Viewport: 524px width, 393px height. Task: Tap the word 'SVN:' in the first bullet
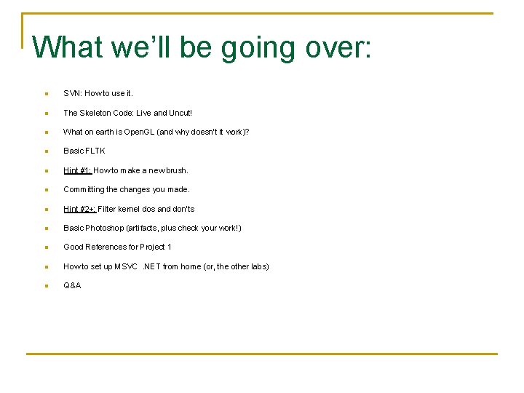(x=73, y=93)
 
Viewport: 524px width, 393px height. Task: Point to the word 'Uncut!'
(x=180, y=113)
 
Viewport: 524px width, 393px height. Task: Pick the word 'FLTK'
(x=95, y=151)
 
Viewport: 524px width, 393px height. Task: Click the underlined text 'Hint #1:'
(x=78, y=170)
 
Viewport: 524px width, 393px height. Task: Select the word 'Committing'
(x=84, y=189)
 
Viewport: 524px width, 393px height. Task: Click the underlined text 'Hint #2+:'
(x=80, y=209)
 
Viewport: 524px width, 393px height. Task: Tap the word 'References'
(x=106, y=247)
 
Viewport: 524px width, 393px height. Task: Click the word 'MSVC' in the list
(x=125, y=266)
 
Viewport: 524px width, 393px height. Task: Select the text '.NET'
(x=151, y=266)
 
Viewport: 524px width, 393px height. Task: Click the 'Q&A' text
(x=72, y=285)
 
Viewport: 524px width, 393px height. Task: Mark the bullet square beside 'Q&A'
(x=45, y=286)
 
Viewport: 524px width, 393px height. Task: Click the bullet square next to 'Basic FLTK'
(x=45, y=151)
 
